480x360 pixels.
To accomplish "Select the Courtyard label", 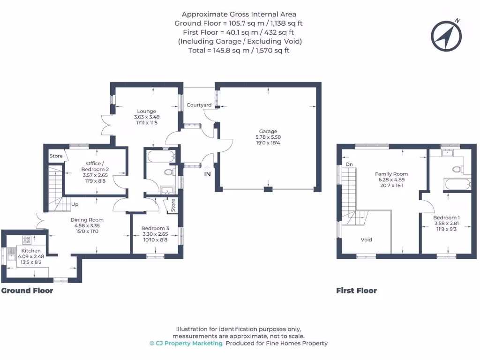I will click(199, 105).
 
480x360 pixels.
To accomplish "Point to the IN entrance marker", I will click(207, 174).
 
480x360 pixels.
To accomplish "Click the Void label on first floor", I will click(366, 240).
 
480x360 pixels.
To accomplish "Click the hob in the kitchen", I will click(27, 240).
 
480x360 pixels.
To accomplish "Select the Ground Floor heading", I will click(27, 291).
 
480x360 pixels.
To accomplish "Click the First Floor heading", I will click(356, 291).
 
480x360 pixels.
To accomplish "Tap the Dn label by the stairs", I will click(349, 165).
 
